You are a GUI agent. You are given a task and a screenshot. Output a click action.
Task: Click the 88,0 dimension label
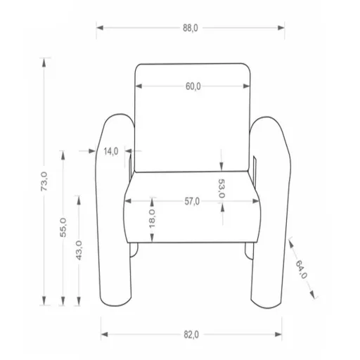191,28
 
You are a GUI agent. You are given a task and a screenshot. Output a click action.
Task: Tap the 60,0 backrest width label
193,86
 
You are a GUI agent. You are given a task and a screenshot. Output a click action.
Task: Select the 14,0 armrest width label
111,151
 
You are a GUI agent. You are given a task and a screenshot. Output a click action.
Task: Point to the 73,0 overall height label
44,181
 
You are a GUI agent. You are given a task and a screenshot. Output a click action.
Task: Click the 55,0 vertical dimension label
63,227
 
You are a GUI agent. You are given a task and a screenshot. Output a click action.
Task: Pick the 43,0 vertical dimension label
79,250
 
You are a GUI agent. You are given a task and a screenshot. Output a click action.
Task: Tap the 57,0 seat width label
192,201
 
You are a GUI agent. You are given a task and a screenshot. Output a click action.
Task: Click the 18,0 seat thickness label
152,219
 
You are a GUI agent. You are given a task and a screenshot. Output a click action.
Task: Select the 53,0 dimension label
221,188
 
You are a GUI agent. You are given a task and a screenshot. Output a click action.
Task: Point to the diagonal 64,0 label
301,269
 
